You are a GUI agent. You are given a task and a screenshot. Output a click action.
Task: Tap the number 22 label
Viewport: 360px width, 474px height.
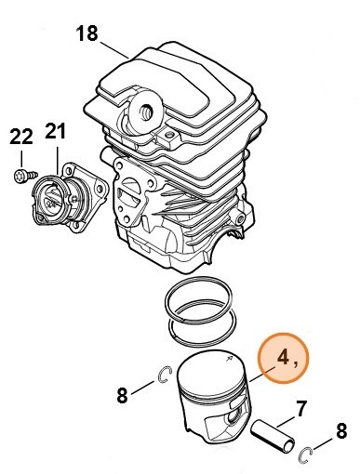(x=21, y=137)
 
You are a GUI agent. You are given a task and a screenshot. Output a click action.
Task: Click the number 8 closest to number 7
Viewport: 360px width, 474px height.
(x=340, y=430)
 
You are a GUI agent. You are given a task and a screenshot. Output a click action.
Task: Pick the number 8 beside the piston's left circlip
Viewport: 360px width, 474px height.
(x=122, y=395)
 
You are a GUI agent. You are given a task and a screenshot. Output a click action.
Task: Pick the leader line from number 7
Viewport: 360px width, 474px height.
(x=289, y=420)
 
